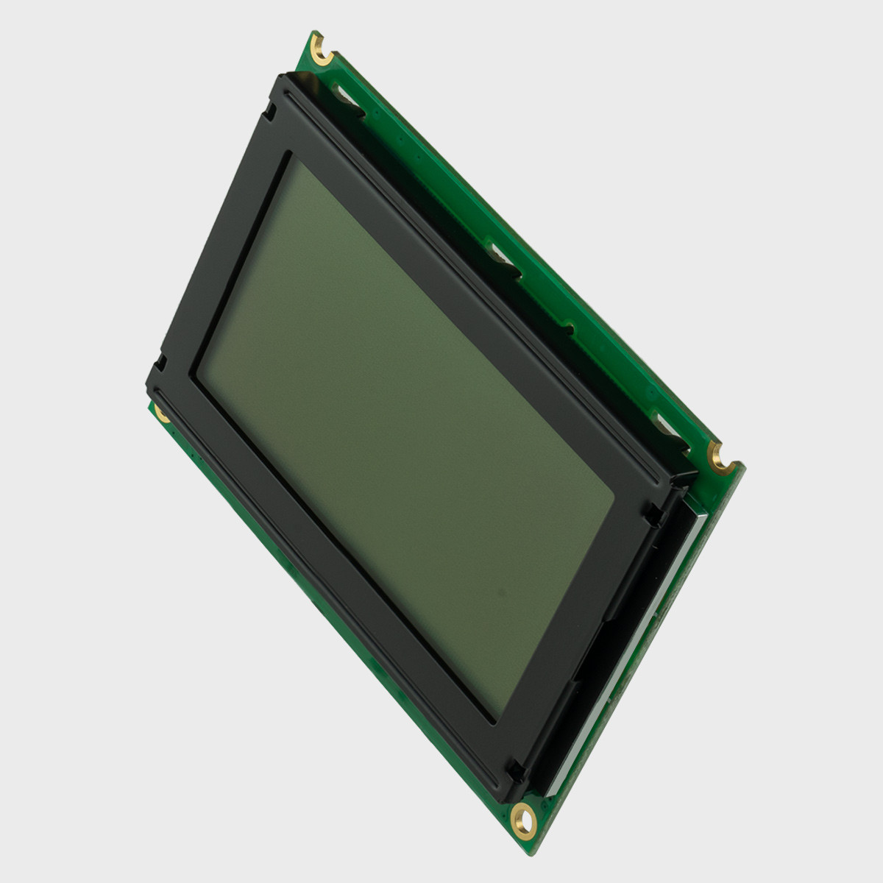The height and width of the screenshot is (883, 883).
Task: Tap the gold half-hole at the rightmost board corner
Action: pos(716,455)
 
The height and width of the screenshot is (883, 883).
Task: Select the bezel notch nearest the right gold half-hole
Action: pos(651,516)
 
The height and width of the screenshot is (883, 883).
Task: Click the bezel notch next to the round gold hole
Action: pos(516,771)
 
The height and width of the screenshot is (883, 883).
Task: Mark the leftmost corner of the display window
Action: pos(195,375)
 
